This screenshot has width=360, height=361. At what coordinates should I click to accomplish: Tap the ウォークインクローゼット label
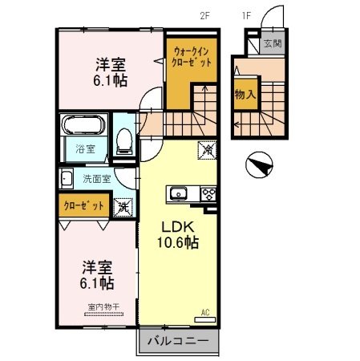[x=193, y=57]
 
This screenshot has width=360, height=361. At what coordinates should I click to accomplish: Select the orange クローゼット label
[x=84, y=206]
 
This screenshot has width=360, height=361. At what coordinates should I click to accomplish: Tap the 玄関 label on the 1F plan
[x=273, y=43]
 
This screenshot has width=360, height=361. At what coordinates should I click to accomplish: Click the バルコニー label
[x=179, y=342]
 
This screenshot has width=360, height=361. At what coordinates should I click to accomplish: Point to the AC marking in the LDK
[x=204, y=311]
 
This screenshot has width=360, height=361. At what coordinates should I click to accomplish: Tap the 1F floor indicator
[x=247, y=14]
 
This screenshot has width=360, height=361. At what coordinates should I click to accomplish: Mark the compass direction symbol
[x=258, y=166]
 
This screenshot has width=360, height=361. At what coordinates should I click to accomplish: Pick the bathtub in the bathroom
[x=83, y=128]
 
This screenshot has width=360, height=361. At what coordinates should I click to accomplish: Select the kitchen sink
[x=178, y=193]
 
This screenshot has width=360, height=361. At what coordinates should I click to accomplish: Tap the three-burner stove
[x=208, y=193]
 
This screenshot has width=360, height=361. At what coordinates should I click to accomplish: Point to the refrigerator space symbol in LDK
[x=205, y=150]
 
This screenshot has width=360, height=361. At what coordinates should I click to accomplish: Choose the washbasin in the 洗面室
[x=67, y=180]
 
